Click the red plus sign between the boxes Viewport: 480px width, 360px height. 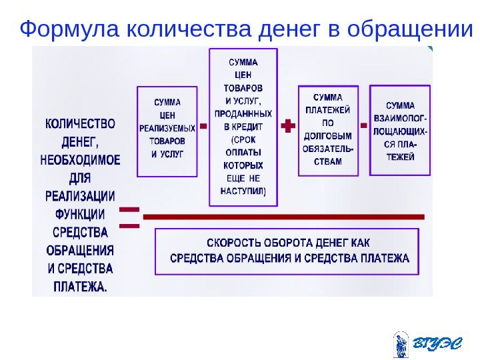point(288,126)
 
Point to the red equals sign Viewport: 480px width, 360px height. point(129,217)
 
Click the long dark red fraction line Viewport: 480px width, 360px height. point(283,217)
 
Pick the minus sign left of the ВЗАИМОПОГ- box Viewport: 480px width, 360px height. point(363,125)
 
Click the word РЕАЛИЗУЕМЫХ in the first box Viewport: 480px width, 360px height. point(167,127)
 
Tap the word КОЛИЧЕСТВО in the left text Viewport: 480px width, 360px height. point(80,124)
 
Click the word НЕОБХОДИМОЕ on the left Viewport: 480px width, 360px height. point(80,160)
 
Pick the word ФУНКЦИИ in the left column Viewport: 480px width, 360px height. point(80,214)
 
